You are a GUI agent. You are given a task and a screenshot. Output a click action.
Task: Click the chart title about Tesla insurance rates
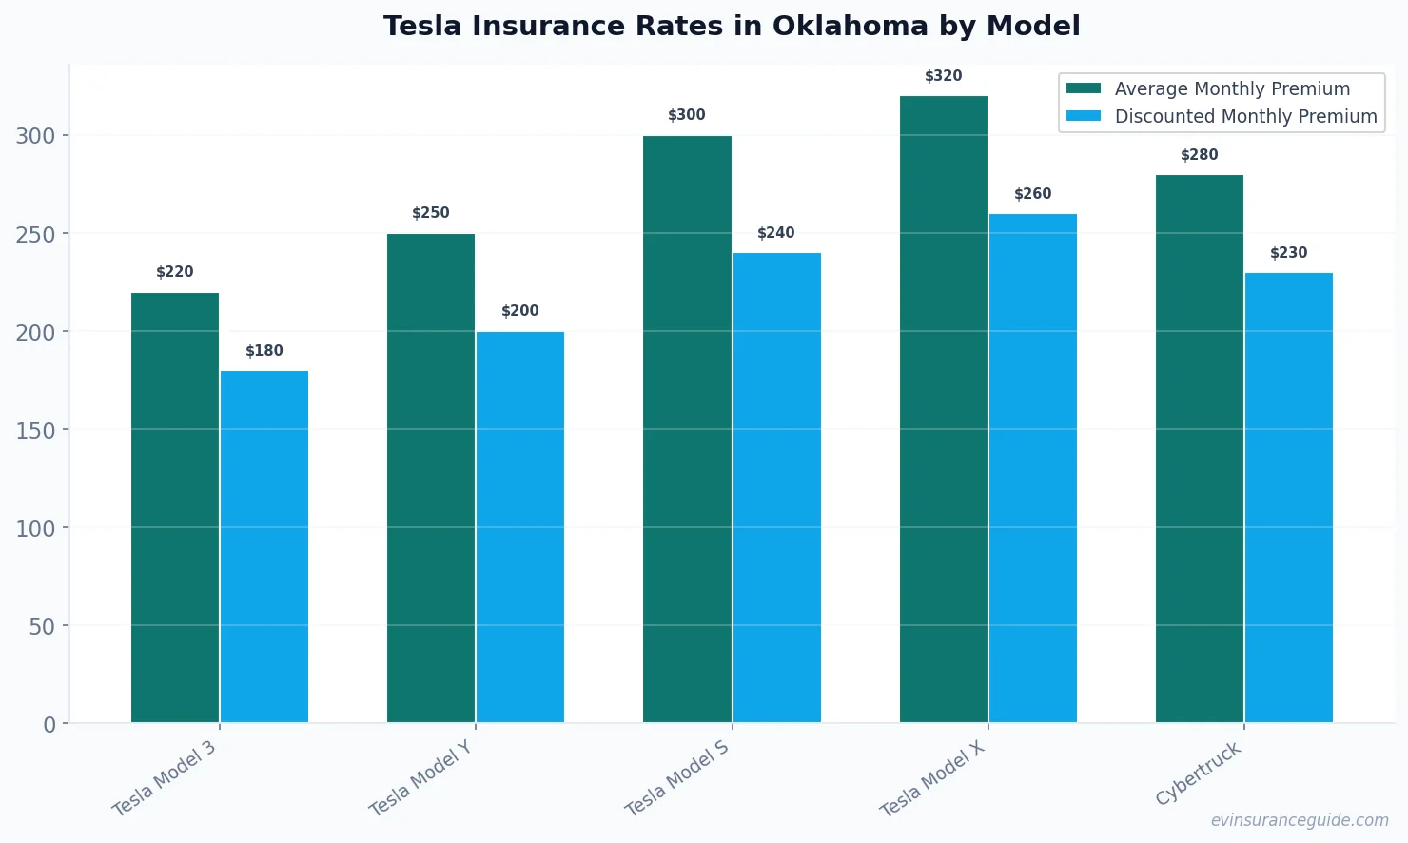point(732,27)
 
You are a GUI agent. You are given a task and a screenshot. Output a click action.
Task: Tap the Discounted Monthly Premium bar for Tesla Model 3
point(264,546)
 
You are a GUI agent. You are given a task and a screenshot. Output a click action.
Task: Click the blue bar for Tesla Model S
point(776,487)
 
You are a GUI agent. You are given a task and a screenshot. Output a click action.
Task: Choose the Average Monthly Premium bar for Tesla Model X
point(943,409)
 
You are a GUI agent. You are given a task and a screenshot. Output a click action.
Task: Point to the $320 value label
point(943,76)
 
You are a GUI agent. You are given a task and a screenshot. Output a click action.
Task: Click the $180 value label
point(264,351)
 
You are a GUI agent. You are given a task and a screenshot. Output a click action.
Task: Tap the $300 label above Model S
point(686,115)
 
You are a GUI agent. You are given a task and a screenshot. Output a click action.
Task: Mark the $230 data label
point(1288,253)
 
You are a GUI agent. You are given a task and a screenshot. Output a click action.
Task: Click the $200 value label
point(520,311)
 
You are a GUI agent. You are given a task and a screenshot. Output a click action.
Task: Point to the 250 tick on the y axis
point(35,234)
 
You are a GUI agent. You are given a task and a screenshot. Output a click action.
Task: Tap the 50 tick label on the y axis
point(42,626)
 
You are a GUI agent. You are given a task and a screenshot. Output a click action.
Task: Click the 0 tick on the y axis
point(49,725)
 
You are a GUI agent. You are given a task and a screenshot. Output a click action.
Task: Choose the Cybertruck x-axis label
point(1199,774)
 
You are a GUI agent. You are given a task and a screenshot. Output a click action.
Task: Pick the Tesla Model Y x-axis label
point(420,778)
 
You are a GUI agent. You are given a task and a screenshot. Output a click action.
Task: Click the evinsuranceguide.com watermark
point(1299,820)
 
